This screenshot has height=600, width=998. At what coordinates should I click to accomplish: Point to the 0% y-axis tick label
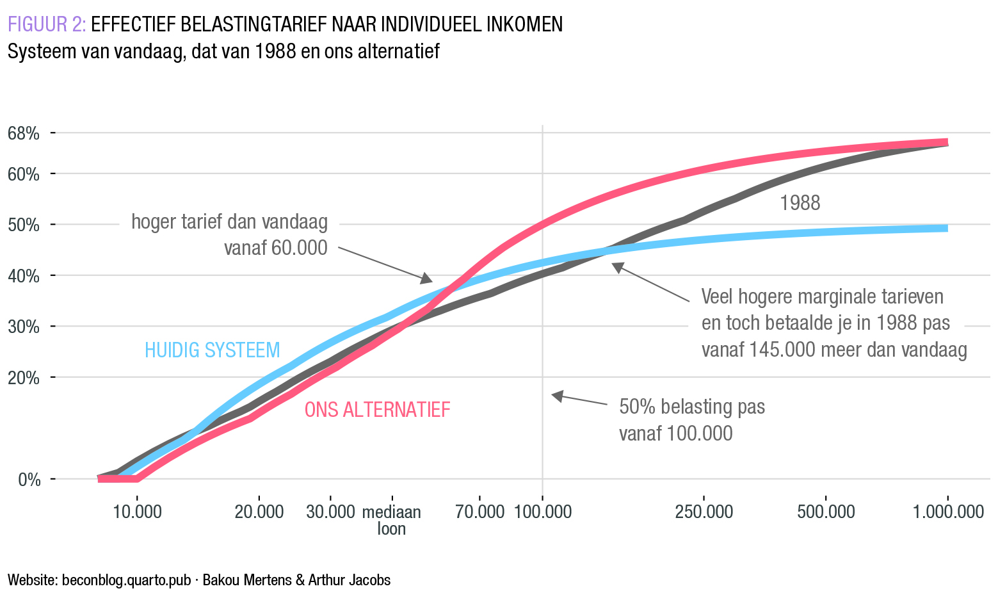pyautogui.click(x=29, y=479)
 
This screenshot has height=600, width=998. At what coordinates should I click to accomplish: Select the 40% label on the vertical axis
pyautogui.click(x=24, y=276)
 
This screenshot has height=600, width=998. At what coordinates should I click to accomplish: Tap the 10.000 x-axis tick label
pyautogui.click(x=136, y=512)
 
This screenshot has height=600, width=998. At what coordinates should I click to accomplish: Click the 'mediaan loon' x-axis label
pyautogui.click(x=392, y=520)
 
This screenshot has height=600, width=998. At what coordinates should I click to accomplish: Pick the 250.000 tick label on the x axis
pyautogui.click(x=704, y=512)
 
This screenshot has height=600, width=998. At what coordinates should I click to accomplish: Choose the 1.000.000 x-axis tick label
pyautogui.click(x=948, y=512)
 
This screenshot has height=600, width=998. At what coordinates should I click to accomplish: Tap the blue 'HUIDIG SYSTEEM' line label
pyautogui.click(x=213, y=350)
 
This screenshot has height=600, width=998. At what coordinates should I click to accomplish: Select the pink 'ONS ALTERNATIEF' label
pyautogui.click(x=377, y=409)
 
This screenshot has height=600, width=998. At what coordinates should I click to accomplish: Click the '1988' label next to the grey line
pyautogui.click(x=800, y=204)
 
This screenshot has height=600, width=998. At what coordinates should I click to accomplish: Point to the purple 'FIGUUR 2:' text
pyautogui.click(x=47, y=24)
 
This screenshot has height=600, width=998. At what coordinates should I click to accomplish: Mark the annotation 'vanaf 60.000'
pyautogui.click(x=275, y=248)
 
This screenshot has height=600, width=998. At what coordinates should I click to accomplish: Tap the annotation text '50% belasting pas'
pyautogui.click(x=692, y=407)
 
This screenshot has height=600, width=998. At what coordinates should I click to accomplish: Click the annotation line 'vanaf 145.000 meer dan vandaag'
pyautogui.click(x=834, y=350)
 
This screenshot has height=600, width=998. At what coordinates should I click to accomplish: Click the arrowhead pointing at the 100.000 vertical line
pyautogui.click(x=556, y=396)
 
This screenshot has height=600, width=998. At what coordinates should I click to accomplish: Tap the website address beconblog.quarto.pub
pyautogui.click(x=127, y=580)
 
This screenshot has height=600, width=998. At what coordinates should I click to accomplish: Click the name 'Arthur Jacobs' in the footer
pyautogui.click(x=350, y=580)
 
